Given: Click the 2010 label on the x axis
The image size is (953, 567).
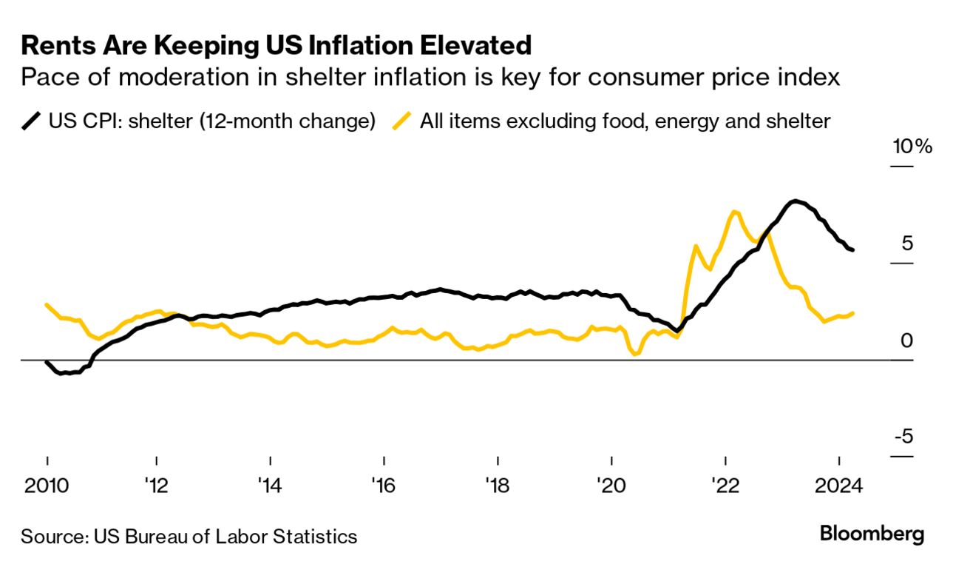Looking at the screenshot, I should tap(46, 486).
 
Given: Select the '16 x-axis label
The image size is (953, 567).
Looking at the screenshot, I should tap(384, 486).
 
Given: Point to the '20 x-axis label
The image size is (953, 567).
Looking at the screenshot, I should tap(611, 486).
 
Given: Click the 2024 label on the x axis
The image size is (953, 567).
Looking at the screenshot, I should tap(840, 486).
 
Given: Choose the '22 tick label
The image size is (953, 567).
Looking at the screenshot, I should tap(725, 486).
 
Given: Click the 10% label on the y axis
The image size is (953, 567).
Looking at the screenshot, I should tap(912, 146).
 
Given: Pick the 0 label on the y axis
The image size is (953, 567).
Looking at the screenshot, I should tap(907, 340).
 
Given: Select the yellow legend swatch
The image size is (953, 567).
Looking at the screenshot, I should tap(403, 121).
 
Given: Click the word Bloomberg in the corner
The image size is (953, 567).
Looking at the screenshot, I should tap(872, 534).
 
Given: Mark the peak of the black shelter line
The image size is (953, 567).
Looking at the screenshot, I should tap(794, 201).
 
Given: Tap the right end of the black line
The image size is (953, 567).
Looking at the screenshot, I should tap(853, 250).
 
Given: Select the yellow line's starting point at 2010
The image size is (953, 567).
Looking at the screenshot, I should tap(47, 304).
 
